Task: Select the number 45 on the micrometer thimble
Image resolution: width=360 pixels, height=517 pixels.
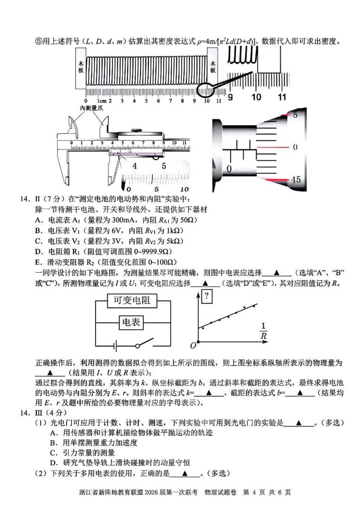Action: point(296,180)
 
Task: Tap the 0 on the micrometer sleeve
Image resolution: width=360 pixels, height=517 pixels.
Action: point(229,168)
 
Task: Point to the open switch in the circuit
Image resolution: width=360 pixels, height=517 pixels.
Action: point(144,344)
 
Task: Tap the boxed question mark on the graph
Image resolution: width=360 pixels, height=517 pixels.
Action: point(207,296)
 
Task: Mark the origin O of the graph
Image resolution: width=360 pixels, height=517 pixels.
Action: point(192,346)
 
